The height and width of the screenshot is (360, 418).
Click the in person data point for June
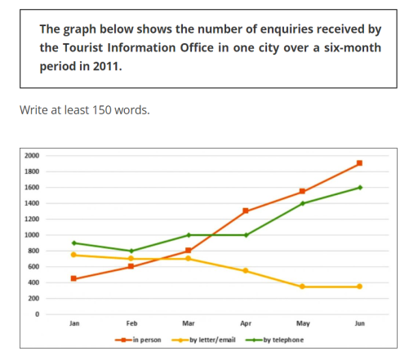coord(359,163)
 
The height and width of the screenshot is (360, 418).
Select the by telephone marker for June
coord(359,187)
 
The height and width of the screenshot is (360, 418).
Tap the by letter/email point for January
coord(74,255)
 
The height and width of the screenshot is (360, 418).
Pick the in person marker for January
coord(74,278)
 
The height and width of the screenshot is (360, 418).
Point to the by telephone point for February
coord(131,251)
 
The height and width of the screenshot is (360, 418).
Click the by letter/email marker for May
coord(302,287)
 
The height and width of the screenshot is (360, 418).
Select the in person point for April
coord(245,211)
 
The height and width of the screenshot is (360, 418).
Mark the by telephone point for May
coord(302,203)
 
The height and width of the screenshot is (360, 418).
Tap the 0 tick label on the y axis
coord(36,314)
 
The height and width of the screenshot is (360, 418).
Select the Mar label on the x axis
coord(188,324)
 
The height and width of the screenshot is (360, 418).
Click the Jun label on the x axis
coord(359,324)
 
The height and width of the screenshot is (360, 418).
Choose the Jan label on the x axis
coord(74,324)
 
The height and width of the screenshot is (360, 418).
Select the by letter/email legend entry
coord(208,340)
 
